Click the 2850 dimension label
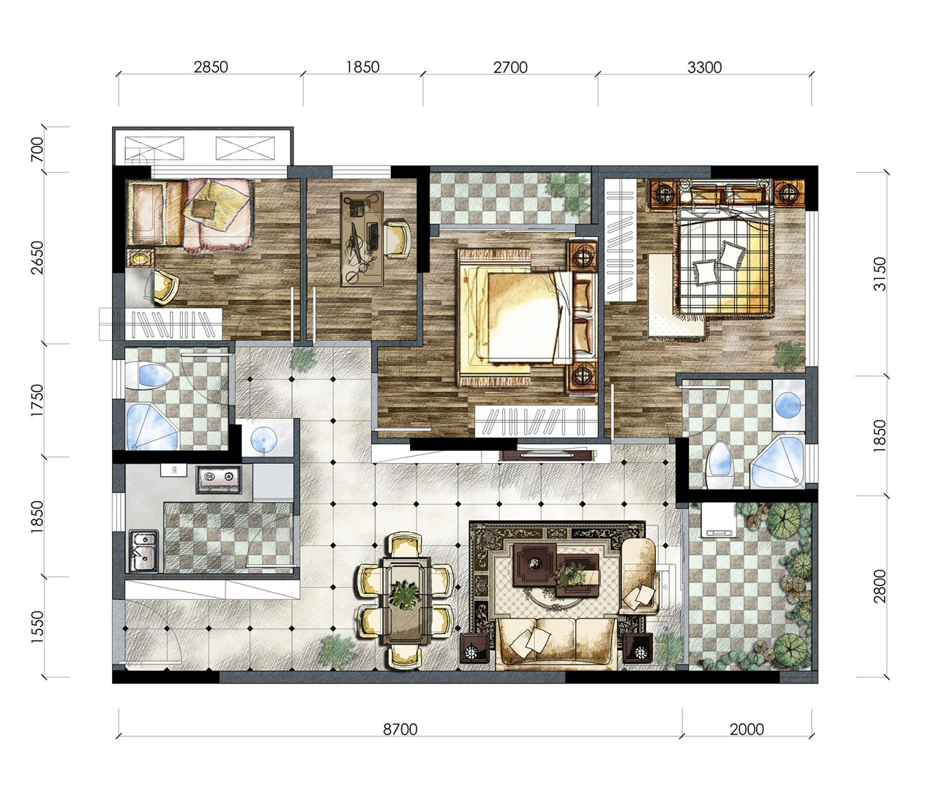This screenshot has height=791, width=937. click(x=211, y=67)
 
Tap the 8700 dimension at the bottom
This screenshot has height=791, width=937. click(x=400, y=729)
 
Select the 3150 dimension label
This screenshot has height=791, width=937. click(x=880, y=274)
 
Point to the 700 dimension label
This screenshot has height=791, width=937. click(x=37, y=149)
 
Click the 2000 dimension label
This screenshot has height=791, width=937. click(x=746, y=729)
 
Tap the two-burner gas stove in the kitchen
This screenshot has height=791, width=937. click(x=219, y=479)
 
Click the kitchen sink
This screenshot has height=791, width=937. click(x=143, y=552)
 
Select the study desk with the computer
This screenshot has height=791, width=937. click(x=362, y=239)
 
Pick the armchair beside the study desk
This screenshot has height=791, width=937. click(x=397, y=239)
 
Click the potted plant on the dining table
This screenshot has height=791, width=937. click(x=406, y=595)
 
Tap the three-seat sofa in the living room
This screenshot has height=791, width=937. click(x=556, y=643)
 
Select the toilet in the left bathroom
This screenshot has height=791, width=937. click(x=148, y=375)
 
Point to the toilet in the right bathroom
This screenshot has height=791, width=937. click(x=720, y=465)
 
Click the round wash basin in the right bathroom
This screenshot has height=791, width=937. click(x=788, y=405)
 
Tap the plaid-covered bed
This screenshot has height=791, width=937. click(x=723, y=261)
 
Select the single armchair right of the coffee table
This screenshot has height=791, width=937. click(x=638, y=576)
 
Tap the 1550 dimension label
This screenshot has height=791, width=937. click(x=37, y=627)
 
